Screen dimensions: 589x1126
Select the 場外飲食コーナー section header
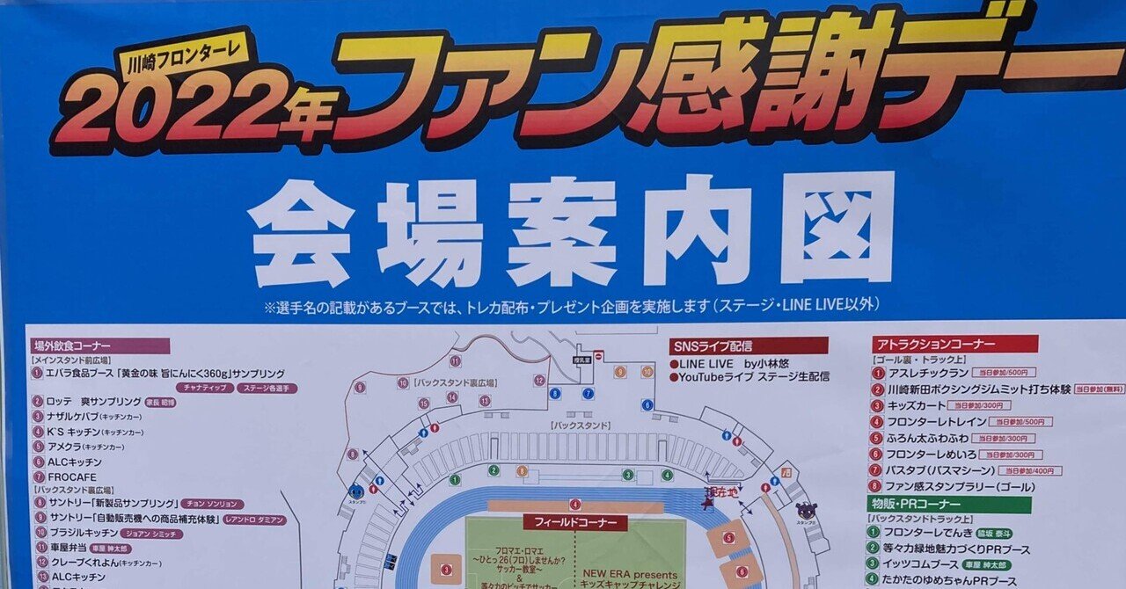click(x=99, y=346)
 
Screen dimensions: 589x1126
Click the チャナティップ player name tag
click(x=205, y=388)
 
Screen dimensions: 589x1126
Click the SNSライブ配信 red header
click(x=748, y=346)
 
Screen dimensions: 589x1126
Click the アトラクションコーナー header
click(x=954, y=345)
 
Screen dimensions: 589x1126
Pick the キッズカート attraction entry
click(x=915, y=406)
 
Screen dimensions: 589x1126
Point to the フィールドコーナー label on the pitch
click(x=575, y=522)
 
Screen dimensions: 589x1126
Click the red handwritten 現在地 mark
click(x=718, y=495)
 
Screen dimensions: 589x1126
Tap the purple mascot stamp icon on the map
click(x=806, y=512)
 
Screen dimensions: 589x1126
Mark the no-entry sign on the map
click(x=598, y=356)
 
